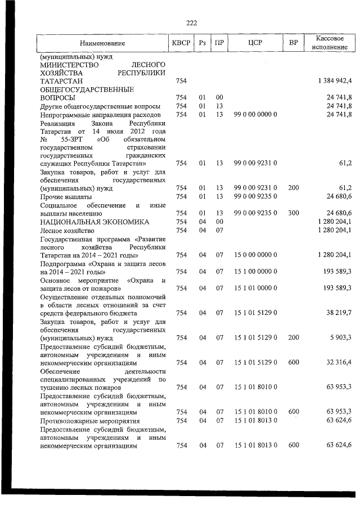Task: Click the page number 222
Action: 191,23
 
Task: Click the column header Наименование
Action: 102,43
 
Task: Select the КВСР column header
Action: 181,43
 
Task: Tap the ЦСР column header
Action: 255,43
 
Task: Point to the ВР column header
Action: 293,43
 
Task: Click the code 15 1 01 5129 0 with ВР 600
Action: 255,362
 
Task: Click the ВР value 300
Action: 293,213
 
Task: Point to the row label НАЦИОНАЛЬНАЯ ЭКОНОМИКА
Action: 93,222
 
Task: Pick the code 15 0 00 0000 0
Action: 255,255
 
